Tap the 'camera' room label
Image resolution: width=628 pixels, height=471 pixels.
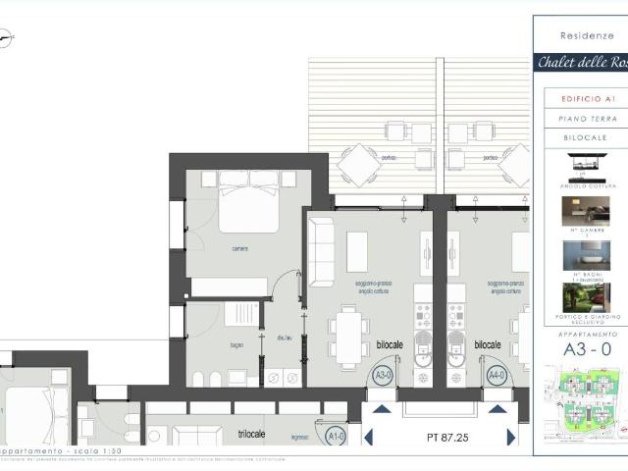click(239, 248)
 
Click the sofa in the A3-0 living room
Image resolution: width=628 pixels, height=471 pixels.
click(321, 250)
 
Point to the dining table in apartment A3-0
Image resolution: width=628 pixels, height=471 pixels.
click(349, 335)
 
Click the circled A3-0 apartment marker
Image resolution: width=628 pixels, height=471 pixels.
click(383, 374)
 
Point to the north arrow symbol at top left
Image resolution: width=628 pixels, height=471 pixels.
click(8, 38)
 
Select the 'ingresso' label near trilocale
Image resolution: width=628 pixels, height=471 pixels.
click(300, 439)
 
